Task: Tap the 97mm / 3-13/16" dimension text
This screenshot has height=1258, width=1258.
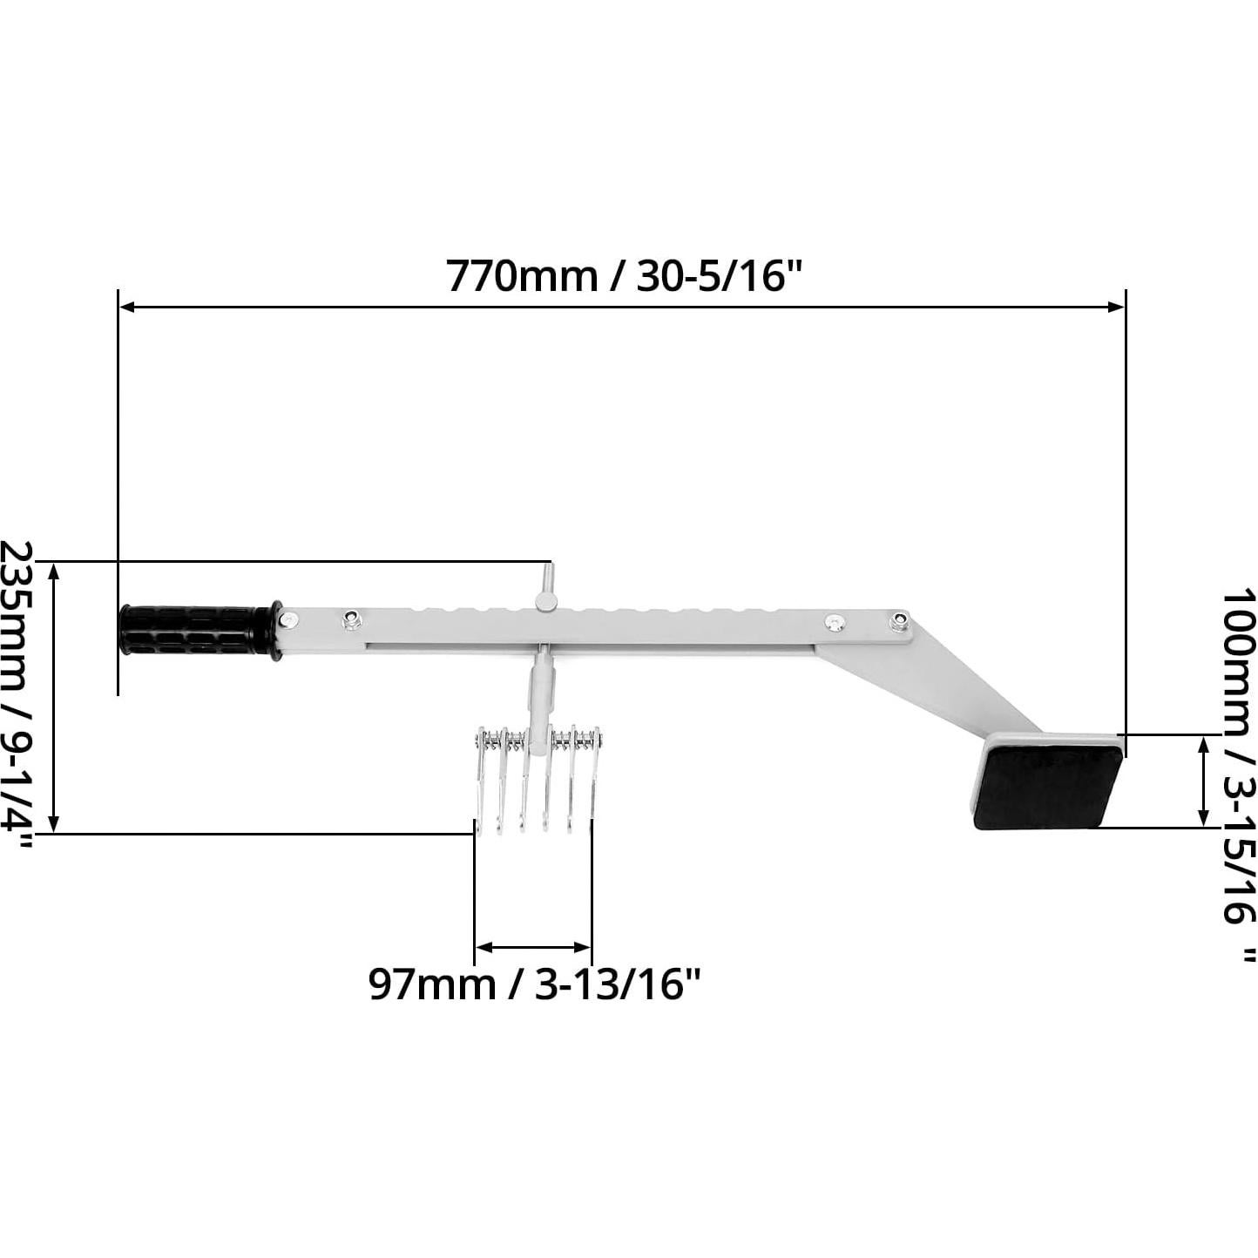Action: coord(534,984)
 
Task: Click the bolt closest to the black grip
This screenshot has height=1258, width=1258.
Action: coord(288,619)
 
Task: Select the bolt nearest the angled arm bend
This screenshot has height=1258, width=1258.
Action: coord(898,621)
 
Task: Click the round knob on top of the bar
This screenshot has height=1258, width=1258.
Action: coord(547,601)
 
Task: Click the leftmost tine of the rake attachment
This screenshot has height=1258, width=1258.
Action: coord(479,780)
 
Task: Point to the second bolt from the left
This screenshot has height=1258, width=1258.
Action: coord(351,619)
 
